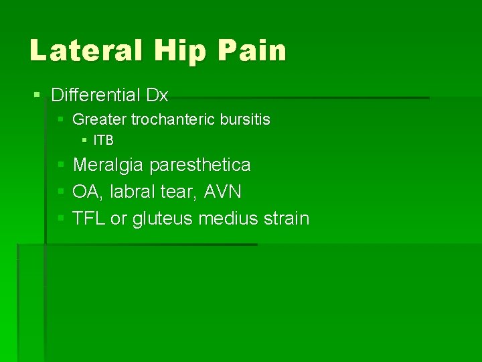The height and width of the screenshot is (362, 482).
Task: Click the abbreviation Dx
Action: pyautogui.click(x=157, y=95)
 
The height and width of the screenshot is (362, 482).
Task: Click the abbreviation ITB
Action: pyautogui.click(x=103, y=141)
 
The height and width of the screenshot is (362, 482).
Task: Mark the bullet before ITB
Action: pyautogui.click(x=84, y=141)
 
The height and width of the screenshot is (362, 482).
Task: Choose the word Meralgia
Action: pyautogui.click(x=108, y=165)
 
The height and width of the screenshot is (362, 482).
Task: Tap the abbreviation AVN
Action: pyautogui.click(x=222, y=192)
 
